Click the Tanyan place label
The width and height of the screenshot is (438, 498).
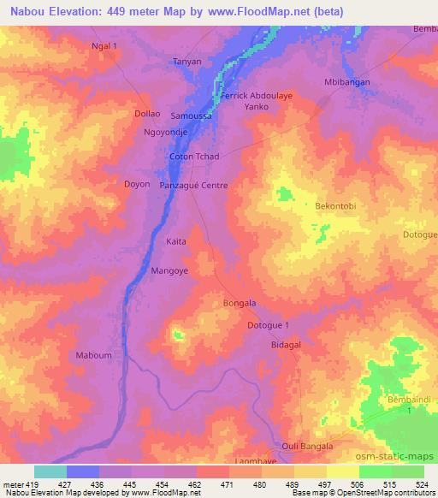click(x=187, y=62)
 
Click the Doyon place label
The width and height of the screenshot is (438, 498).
click(x=138, y=184)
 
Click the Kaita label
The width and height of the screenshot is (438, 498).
click(x=176, y=243)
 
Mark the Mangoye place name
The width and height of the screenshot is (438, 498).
click(x=169, y=270)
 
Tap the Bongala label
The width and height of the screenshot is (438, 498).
click(x=240, y=303)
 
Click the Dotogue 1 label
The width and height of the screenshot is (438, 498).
click(x=274, y=325)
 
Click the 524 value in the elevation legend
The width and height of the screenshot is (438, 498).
click(x=420, y=484)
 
